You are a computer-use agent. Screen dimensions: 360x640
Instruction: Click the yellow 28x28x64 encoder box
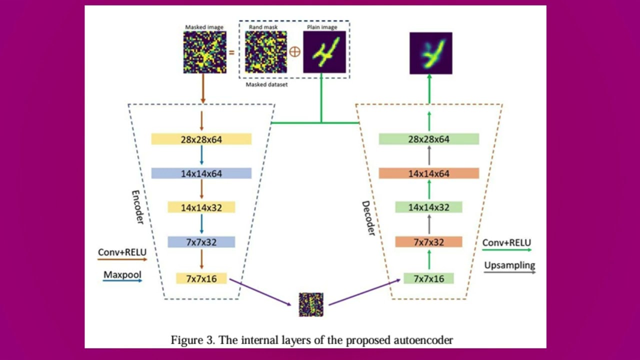tap(201, 139)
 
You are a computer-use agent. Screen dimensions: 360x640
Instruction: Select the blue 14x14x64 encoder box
tap(201, 173)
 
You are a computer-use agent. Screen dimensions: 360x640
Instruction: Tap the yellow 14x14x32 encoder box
tap(201, 207)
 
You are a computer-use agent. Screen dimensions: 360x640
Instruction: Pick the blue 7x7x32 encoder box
tap(201, 242)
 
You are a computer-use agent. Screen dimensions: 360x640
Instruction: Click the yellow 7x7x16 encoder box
tap(201, 278)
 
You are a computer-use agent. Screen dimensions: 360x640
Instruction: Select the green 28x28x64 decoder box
tap(428, 139)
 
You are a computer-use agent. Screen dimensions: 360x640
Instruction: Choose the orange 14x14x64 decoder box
tap(428, 173)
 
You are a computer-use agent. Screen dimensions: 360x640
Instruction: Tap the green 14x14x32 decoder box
tap(428, 207)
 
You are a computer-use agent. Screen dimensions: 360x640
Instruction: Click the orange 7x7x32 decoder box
tap(428, 242)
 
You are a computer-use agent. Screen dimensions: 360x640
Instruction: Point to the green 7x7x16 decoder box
tap(428, 278)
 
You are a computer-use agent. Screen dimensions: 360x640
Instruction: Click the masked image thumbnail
tap(204, 52)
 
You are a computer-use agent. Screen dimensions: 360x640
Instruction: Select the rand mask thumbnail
tap(265, 52)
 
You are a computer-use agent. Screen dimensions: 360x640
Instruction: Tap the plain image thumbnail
tap(324, 52)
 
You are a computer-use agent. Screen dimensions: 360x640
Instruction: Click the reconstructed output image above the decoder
tap(430, 53)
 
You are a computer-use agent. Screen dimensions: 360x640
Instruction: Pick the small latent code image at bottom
tap(311, 304)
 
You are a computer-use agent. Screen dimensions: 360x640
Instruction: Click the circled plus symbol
tap(295, 52)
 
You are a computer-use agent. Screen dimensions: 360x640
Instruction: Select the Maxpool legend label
tap(122, 274)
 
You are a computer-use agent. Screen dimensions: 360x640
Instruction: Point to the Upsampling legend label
tap(509, 265)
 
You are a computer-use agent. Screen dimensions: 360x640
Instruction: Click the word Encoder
tap(137, 206)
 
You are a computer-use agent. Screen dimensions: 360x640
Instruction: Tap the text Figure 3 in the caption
tap(192, 340)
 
